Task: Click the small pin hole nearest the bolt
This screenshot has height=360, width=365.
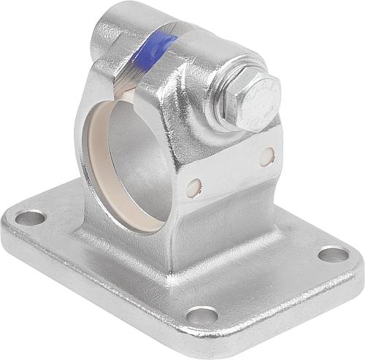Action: point(267,156)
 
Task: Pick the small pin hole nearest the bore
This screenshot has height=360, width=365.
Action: point(193,188)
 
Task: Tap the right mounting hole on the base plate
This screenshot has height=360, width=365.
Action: point(334,254)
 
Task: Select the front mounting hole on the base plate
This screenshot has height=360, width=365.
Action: point(202,315)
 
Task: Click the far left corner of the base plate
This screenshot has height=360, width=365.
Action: point(9,219)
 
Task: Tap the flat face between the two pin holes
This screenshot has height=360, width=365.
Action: point(230,172)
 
